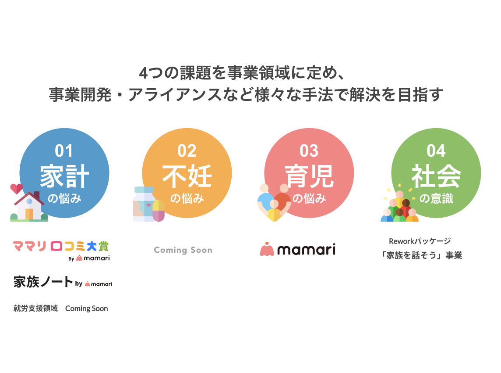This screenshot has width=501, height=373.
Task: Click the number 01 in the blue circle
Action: click(x=64, y=151)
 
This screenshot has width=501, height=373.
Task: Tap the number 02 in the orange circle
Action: click(x=187, y=151)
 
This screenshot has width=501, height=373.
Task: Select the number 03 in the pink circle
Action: click(x=309, y=151)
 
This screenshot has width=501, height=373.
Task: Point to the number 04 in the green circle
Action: click(x=436, y=151)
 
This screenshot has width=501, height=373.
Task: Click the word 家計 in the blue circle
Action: click(x=64, y=176)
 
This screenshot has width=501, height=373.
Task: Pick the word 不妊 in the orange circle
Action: click(x=187, y=176)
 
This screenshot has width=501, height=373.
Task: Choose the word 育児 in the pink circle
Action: click(x=309, y=176)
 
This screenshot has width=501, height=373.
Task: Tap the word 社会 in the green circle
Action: click(x=436, y=176)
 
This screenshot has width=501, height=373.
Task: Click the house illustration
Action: click(x=29, y=207)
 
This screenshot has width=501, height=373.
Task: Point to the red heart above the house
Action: click(x=16, y=189)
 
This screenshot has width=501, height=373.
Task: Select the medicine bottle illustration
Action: click(x=144, y=204)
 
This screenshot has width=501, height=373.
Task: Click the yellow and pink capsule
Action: click(x=159, y=211)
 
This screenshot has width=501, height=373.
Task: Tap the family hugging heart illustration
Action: click(x=274, y=203)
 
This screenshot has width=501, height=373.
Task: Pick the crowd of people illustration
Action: click(x=399, y=206)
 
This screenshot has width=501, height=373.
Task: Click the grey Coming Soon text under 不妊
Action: click(x=183, y=250)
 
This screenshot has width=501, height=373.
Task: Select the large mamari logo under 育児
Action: click(x=298, y=249)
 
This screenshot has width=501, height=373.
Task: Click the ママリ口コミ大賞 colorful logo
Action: click(x=61, y=246)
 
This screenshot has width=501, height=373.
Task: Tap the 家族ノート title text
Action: click(x=43, y=282)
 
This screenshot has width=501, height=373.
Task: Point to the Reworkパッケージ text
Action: click(x=420, y=241)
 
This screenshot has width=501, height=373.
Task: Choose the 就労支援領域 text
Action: click(x=35, y=308)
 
